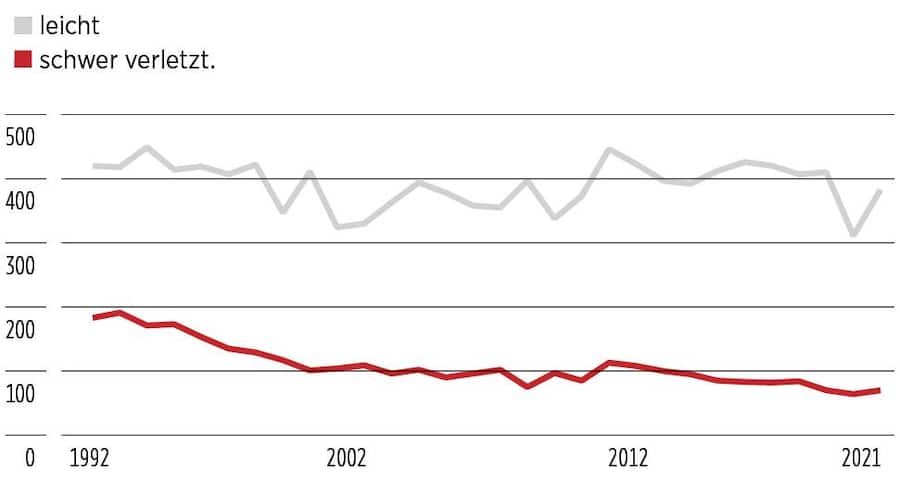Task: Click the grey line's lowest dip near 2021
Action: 853,235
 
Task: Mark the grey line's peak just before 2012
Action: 609,150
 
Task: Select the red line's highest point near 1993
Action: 120,313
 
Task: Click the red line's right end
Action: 879,390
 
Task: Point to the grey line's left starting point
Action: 93,166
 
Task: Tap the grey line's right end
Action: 880,191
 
